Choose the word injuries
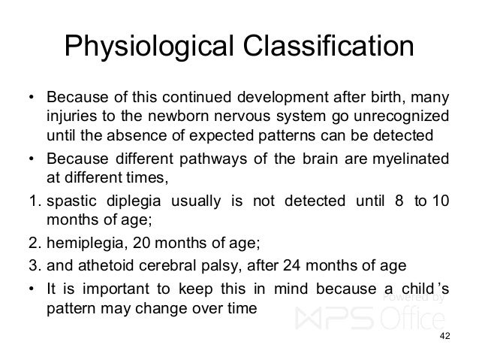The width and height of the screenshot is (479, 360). [69, 118]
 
